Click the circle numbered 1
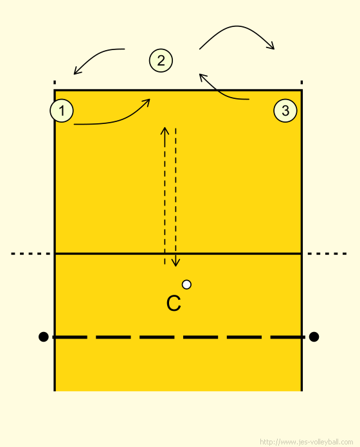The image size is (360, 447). pyautogui.click(x=62, y=110)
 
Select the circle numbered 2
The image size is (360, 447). pyautogui.click(x=161, y=60)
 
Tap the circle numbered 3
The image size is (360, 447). pyautogui.click(x=285, y=110)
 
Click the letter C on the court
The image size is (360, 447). pyautogui.click(x=174, y=303)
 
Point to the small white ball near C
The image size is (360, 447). pyautogui.click(x=186, y=285)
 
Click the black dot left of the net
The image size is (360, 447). pyautogui.click(x=43, y=337)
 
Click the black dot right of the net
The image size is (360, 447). pyautogui.click(x=314, y=337)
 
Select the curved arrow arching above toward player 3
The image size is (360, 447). pyautogui.click(x=237, y=26)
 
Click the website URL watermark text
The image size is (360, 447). pyautogui.click(x=306, y=442)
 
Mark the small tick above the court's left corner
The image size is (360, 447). pyautogui.click(x=55, y=82)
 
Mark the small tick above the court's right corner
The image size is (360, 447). pyautogui.click(x=301, y=82)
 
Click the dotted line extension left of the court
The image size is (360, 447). pyautogui.click(x=30, y=254)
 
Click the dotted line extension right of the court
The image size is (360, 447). pyautogui.click(x=327, y=254)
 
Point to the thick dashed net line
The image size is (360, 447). pyautogui.click(x=179, y=337)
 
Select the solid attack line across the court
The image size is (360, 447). pyautogui.click(x=178, y=253)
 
